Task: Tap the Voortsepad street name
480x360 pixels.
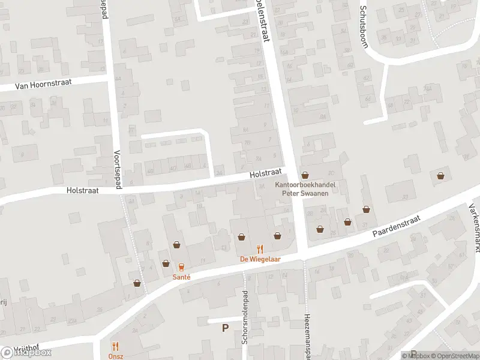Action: (119, 170)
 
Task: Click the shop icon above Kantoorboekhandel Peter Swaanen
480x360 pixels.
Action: (305, 176)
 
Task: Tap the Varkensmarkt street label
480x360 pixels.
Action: (473, 229)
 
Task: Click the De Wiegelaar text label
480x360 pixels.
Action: (260, 259)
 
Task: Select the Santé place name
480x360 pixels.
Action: (181, 277)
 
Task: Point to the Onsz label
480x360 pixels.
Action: (116, 356)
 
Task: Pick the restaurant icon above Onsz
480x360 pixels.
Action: (116, 346)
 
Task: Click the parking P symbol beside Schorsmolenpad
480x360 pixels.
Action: (226, 328)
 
